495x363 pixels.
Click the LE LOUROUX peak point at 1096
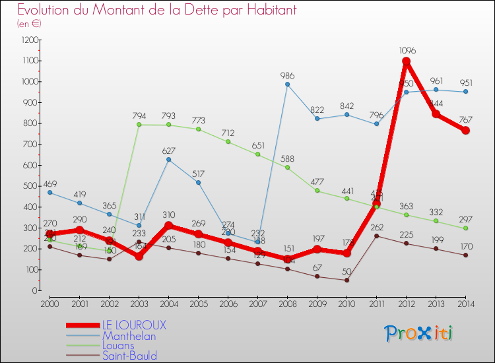point(406,61)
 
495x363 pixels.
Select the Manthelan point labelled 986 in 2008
point(287,84)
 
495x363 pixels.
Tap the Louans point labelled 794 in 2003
point(139,124)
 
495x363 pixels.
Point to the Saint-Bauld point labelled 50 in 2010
point(346,280)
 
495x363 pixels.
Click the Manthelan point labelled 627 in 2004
point(168,159)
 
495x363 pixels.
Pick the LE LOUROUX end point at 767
point(465,130)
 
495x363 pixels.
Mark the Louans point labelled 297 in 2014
point(465,228)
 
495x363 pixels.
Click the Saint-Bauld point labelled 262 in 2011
point(376,236)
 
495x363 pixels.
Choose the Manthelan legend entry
point(129,336)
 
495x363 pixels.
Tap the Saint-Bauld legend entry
point(129,356)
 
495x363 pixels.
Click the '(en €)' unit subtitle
point(30,24)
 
